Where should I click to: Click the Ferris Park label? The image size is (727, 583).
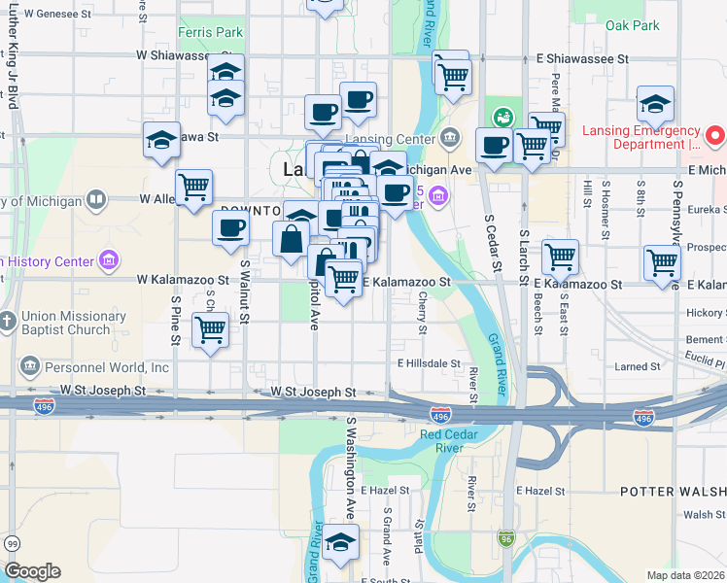[210, 32]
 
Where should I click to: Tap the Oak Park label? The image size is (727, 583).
[632, 26]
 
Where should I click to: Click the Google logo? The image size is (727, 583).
[32, 571]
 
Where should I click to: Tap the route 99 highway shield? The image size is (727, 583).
[12, 543]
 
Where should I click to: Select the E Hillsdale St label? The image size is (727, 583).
[428, 363]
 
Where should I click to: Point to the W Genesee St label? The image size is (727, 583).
[60, 15]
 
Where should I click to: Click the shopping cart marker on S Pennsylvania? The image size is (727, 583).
[662, 261]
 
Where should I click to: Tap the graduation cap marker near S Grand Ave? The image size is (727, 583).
[341, 543]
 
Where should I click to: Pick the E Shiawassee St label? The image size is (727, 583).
[582, 59]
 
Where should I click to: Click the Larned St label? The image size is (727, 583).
[639, 367]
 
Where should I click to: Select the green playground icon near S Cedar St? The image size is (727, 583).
[503, 117]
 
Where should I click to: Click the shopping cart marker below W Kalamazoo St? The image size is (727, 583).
[211, 330]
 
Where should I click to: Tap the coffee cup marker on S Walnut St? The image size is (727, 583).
[230, 228]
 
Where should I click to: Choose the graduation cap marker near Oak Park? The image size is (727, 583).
[656, 104]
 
